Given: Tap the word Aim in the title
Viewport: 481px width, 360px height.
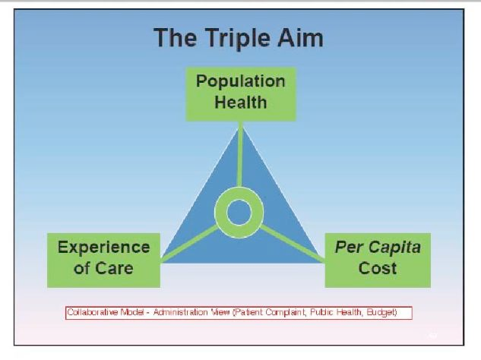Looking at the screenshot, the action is pos(300,37).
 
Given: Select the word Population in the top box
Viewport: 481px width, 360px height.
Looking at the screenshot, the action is pos(240,81).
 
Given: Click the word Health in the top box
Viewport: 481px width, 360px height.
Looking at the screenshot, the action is pos(240,102).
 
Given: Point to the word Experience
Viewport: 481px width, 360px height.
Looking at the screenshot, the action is pos(103,248).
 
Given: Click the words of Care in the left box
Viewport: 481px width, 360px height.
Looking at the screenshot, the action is pos(103,268).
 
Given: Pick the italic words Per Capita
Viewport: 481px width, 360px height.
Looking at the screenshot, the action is pos(378,248).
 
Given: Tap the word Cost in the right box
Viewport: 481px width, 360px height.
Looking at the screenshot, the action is pos(378,268).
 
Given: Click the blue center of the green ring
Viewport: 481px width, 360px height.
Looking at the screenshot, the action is pos(239,213).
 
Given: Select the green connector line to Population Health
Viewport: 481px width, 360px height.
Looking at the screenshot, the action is pos(240,154).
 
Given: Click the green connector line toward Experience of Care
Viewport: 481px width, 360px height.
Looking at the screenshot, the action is pos(189,244).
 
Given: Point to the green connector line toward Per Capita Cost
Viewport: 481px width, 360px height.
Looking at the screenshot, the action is pos(292,244).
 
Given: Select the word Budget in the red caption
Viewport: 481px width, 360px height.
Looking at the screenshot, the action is pos(381,312).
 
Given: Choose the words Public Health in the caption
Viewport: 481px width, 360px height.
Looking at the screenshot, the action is pos(336,312).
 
